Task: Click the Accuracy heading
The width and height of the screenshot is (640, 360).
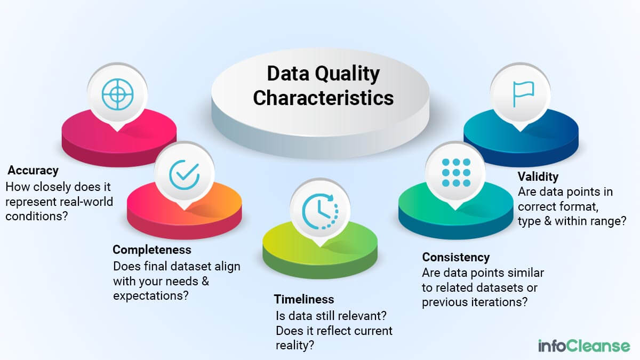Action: pos(33,171)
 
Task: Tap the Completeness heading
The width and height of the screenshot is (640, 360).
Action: pos(152,250)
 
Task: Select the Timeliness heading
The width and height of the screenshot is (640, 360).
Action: pos(304,299)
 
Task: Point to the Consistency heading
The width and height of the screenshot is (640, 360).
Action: pos(456,258)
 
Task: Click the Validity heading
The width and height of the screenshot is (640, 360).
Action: pos(538,177)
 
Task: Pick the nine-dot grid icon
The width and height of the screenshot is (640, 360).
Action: pos(457,173)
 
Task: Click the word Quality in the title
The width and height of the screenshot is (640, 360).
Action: pos(347,74)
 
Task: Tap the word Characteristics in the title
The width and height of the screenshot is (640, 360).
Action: pos(323,98)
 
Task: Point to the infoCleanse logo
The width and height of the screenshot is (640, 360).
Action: pos(584,346)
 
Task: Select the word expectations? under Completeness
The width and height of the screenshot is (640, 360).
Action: pos(151,295)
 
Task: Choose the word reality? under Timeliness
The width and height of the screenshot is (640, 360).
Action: pos(295,346)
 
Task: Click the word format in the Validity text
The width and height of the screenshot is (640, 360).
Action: pos(579,206)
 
